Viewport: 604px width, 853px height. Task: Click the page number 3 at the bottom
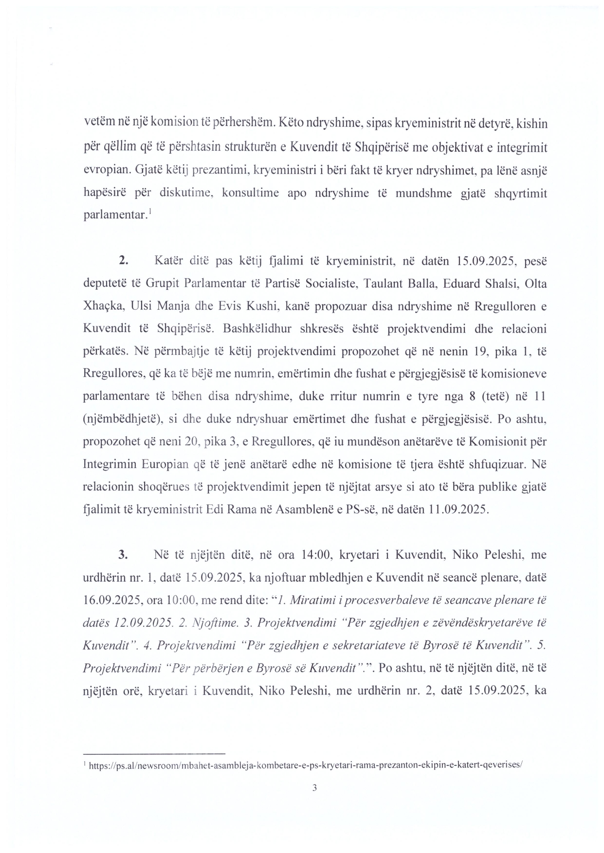[x=314, y=788]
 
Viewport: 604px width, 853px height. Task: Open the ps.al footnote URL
[x=306, y=765]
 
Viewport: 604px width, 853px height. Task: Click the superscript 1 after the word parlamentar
[x=150, y=212]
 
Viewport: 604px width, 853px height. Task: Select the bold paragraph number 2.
[x=123, y=261]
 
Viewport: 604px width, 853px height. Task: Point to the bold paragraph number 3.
[x=123, y=554]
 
